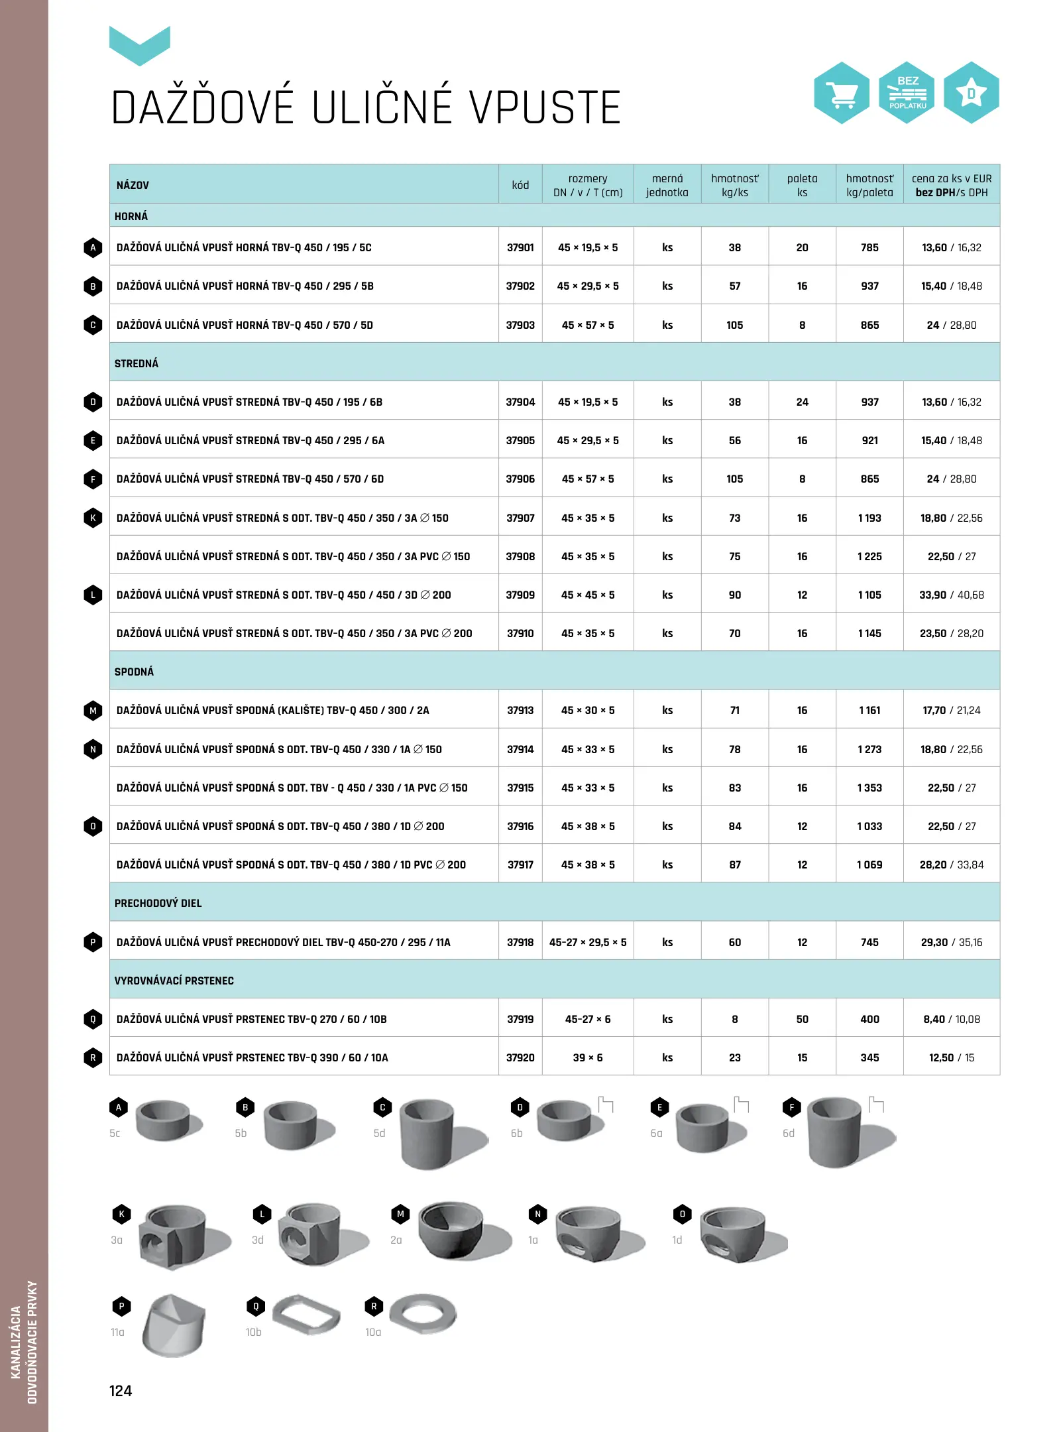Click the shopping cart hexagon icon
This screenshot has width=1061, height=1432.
pyautogui.click(x=842, y=93)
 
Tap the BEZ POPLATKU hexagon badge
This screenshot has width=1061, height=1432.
pyautogui.click(x=907, y=93)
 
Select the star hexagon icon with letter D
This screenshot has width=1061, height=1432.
pyautogui.click(x=971, y=93)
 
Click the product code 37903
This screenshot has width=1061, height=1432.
pyautogui.click(x=520, y=326)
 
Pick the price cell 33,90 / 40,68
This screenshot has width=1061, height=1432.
pyautogui.click(x=951, y=595)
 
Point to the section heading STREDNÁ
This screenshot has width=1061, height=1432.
pyautogui.click(x=137, y=364)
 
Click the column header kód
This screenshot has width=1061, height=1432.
pyautogui.click(x=520, y=186)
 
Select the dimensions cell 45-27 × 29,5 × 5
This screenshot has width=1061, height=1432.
pyautogui.click(x=588, y=943)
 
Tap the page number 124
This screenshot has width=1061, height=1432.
pyautogui.click(x=121, y=1391)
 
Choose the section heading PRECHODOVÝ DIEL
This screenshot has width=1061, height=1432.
pyautogui.click(x=158, y=904)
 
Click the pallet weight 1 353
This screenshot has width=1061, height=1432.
pyautogui.click(x=869, y=788)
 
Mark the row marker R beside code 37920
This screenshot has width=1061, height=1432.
pyautogui.click(x=93, y=1058)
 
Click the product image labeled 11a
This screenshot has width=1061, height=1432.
pyautogui.click(x=174, y=1325)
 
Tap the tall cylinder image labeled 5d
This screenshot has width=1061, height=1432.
pyautogui.click(x=427, y=1132)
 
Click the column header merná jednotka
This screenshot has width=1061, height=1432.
pyautogui.click(x=667, y=186)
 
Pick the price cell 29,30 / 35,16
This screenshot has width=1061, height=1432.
pyautogui.click(x=951, y=943)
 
